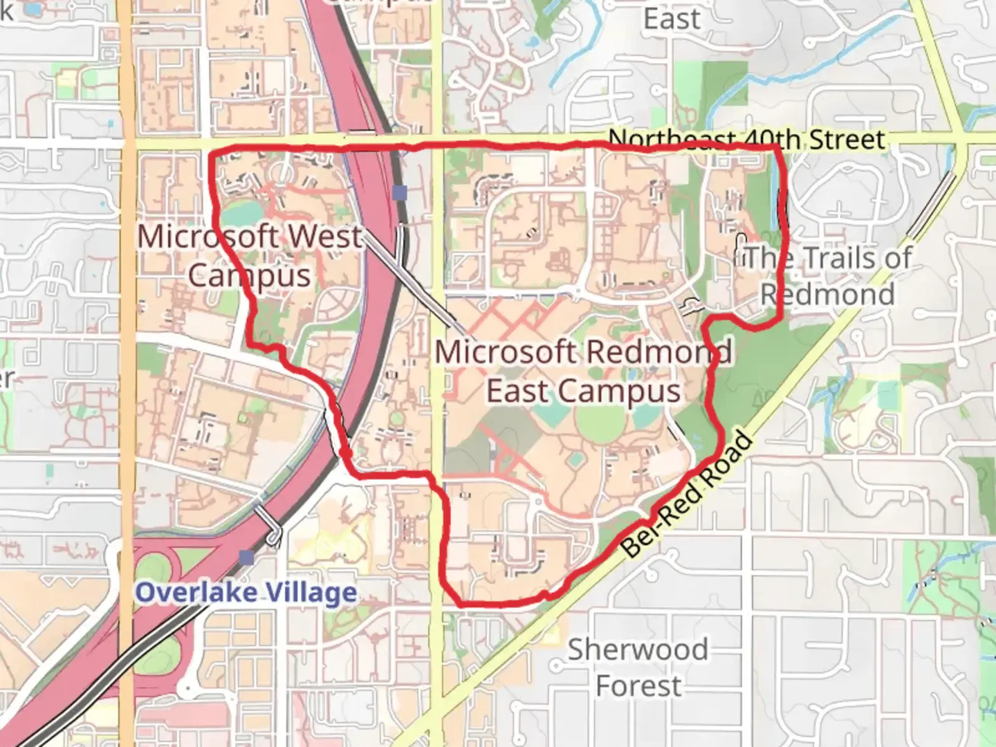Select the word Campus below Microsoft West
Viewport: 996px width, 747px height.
(249, 275)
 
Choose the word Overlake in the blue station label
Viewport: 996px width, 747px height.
(196, 593)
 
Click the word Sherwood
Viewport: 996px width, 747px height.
(638, 650)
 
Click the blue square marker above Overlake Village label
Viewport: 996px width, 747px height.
(246, 557)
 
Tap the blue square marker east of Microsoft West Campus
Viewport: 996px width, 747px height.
(399, 192)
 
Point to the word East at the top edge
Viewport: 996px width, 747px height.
(671, 19)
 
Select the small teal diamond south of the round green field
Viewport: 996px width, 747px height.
(575, 459)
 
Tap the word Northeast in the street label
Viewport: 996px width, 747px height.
(670, 140)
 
